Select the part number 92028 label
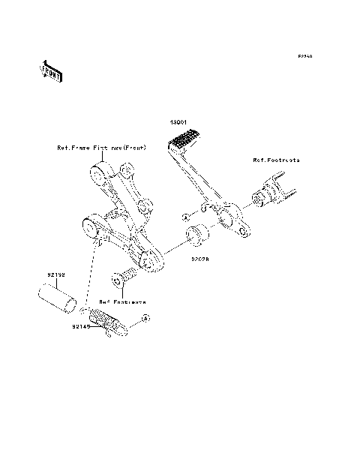[x=199, y=259]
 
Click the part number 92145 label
[x=82, y=327]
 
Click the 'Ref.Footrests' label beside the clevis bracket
[x=275, y=160]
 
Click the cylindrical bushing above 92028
[x=198, y=235]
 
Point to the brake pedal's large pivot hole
[x=224, y=218]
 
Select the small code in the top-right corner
[x=304, y=57]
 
